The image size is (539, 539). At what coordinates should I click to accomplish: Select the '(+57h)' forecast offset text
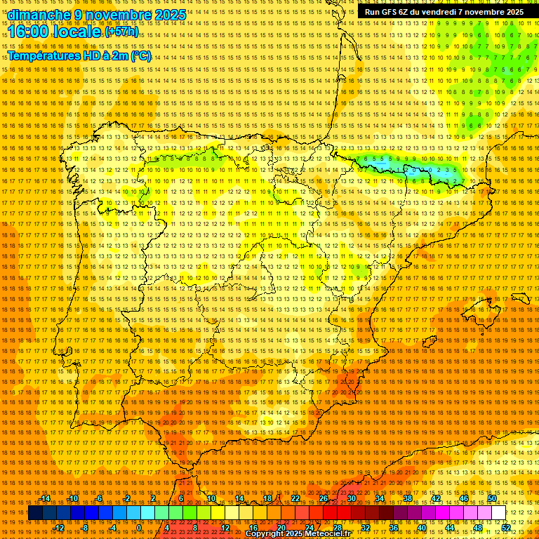click(121, 32)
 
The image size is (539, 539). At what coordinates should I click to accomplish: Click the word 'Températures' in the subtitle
click(44, 55)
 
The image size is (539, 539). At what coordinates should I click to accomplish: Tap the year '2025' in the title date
click(170, 15)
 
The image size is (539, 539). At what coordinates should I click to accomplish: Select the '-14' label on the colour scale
click(45, 498)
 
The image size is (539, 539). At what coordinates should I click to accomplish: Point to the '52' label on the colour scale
click(506, 528)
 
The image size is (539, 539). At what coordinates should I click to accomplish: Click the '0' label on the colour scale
click(140, 528)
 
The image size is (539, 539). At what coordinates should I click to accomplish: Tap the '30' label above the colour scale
click(351, 498)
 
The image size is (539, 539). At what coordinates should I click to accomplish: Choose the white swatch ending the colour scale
click(498, 513)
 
